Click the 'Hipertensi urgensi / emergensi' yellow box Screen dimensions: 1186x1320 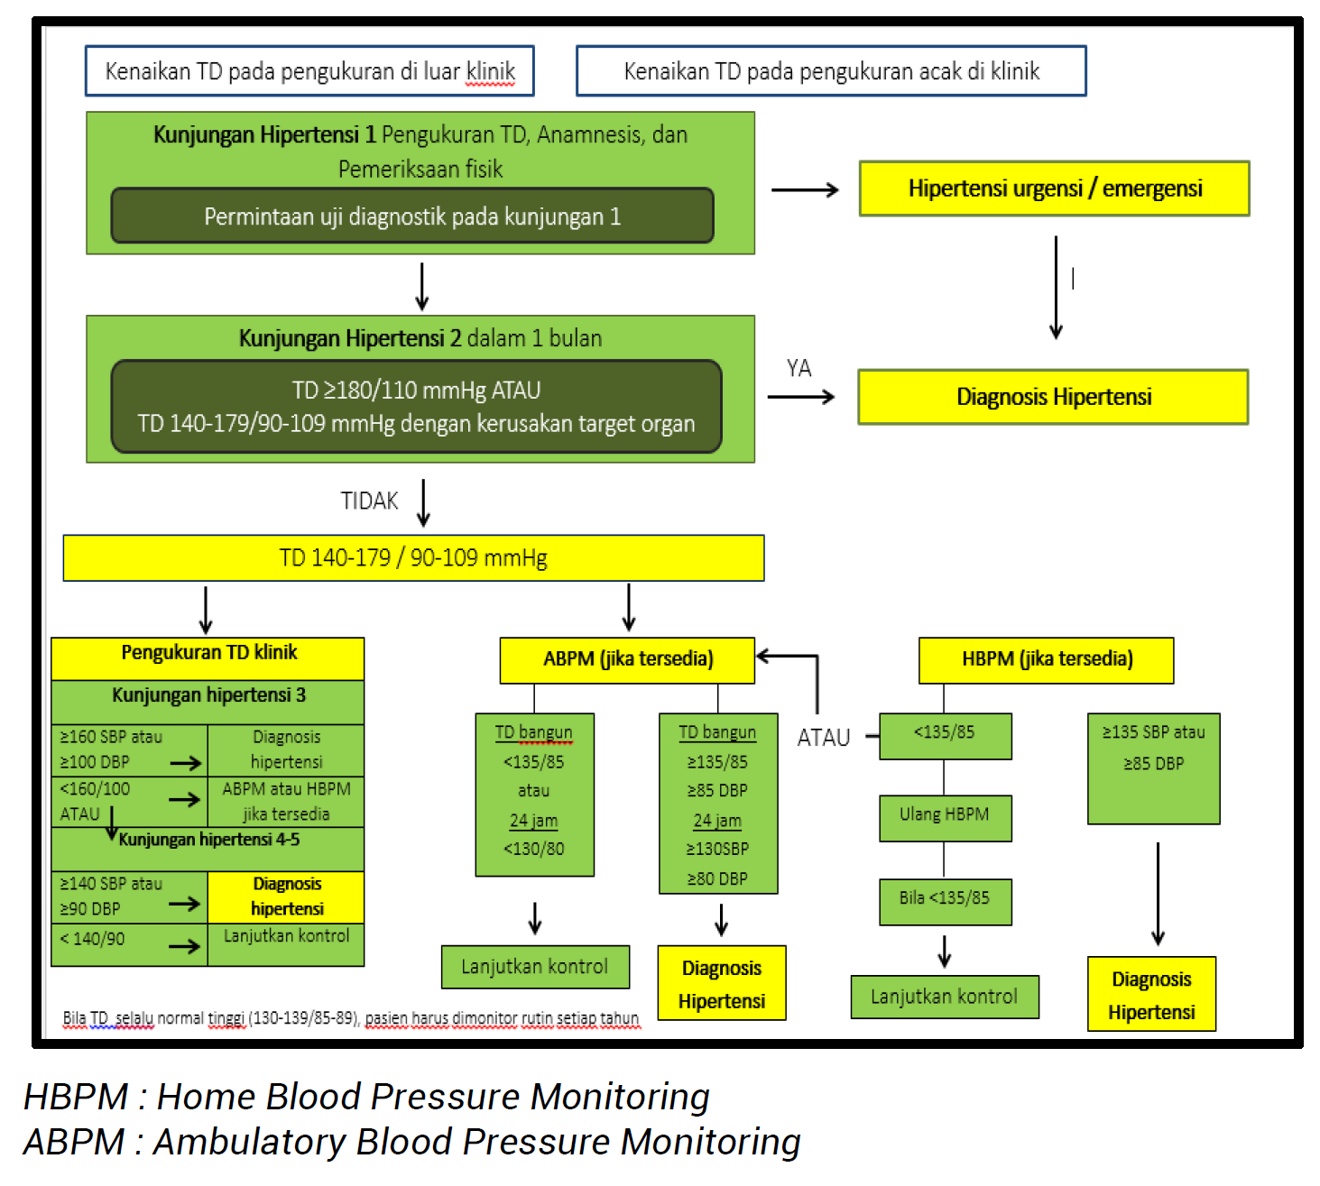point(1054,188)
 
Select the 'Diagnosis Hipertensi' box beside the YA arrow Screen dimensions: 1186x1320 point(1053,397)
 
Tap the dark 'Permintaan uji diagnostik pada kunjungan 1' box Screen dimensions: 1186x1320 point(412,216)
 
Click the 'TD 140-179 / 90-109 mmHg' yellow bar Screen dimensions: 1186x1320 point(413,558)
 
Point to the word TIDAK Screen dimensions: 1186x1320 point(369,501)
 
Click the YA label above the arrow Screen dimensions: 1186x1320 point(798,368)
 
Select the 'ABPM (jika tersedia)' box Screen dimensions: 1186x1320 point(627,659)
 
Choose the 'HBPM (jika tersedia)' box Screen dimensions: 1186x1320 point(1046,659)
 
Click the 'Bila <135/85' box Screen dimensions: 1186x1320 point(945,900)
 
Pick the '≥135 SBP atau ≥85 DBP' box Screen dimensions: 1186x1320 point(1153,768)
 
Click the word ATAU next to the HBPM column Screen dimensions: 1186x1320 point(823,738)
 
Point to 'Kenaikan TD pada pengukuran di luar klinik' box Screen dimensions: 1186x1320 point(309,71)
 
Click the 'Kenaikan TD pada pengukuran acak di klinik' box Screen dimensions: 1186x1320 point(831,71)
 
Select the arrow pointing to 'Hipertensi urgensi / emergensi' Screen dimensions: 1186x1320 point(805,189)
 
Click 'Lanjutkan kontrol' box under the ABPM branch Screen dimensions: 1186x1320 point(535,967)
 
